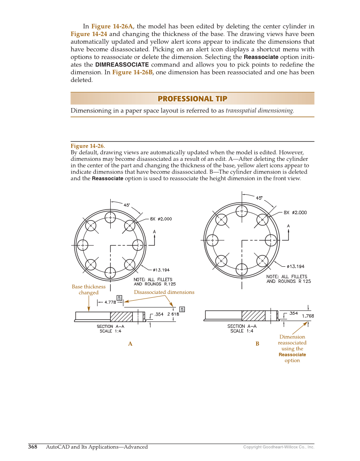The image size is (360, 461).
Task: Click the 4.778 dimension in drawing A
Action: (x=110, y=302)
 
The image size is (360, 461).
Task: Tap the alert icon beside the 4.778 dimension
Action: (x=120, y=298)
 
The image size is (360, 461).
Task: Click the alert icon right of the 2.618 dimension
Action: (x=182, y=309)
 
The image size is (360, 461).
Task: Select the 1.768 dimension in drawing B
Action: (x=308, y=316)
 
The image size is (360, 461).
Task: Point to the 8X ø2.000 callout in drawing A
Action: (x=161, y=219)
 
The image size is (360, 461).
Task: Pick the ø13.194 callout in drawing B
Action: (x=296, y=266)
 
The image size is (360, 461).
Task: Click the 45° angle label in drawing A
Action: (x=127, y=205)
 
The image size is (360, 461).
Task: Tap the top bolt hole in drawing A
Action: (x=110, y=218)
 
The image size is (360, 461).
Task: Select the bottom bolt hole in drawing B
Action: (x=242, y=269)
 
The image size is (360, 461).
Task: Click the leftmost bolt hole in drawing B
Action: (x=212, y=240)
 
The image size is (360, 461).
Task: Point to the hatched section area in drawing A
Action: (x=121, y=316)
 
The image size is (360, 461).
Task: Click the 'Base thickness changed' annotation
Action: (x=89, y=290)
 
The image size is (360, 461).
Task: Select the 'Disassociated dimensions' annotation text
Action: (x=164, y=292)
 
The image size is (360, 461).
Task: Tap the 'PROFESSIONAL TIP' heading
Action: (x=192, y=99)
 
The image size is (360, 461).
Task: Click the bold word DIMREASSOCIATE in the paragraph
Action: (x=122, y=65)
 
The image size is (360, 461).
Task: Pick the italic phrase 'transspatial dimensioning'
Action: (x=259, y=111)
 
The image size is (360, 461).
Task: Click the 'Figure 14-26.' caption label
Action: (x=88, y=146)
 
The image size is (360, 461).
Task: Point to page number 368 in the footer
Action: (x=33, y=447)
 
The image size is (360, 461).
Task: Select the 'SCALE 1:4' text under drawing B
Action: (x=242, y=331)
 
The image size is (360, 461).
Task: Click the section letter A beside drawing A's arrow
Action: (x=154, y=232)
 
